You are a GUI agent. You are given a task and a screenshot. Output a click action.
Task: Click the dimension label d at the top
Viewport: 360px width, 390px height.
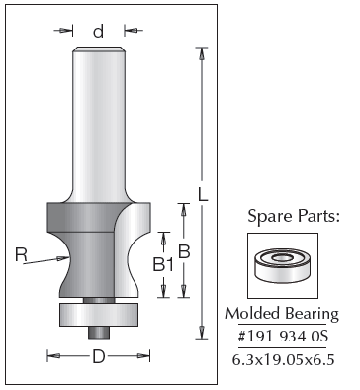98,32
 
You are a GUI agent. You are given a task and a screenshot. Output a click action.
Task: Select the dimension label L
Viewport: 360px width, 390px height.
203,194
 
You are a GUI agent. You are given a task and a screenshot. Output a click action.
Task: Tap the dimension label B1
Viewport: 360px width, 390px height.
163,264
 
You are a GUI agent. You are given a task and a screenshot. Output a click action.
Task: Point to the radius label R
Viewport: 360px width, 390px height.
21,255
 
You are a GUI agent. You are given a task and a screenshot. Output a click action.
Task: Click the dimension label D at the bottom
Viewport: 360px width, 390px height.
99,356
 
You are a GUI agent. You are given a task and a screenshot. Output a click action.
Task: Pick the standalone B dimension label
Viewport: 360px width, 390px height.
184,252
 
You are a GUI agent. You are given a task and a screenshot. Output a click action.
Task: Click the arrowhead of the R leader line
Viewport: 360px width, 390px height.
63,258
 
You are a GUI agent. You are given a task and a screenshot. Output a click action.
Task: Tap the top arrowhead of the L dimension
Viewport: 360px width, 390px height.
201,53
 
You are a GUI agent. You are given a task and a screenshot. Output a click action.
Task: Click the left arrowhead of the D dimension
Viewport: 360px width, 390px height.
53,356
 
